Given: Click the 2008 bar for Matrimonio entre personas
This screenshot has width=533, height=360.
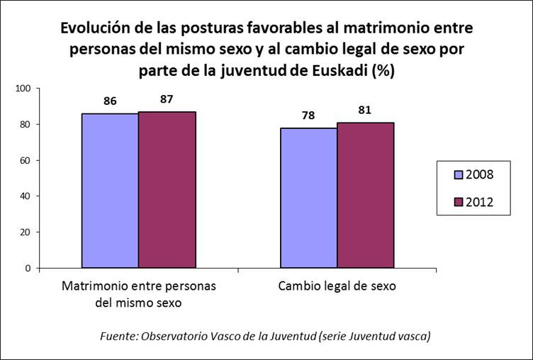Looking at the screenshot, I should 110,191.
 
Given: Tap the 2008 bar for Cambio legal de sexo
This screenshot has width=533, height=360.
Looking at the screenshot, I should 308,198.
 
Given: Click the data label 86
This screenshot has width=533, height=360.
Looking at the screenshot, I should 110,101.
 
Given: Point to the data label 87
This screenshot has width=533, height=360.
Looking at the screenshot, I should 167,99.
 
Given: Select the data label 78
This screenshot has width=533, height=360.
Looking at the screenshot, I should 308,116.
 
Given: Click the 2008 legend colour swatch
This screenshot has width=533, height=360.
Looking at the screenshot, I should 449,174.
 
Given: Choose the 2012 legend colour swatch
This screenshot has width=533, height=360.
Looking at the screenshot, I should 449,203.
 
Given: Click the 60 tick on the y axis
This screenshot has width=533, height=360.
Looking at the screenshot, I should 26,161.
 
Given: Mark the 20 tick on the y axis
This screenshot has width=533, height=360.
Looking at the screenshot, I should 26,232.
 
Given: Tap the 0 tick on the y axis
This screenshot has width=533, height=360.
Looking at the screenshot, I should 29,269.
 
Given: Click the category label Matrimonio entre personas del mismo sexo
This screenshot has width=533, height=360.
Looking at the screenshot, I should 138,294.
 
